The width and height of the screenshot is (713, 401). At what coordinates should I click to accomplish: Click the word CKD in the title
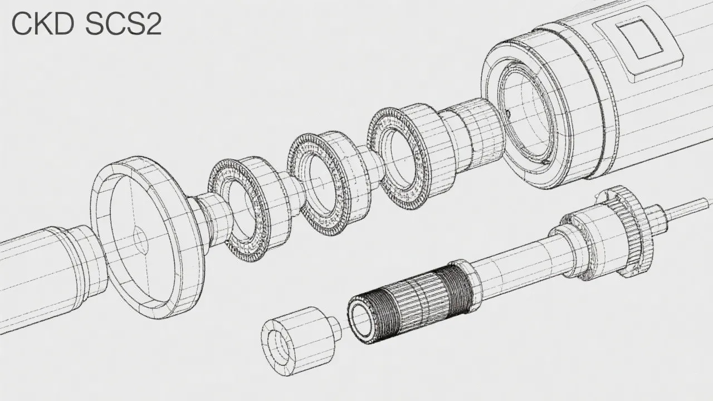43,24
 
